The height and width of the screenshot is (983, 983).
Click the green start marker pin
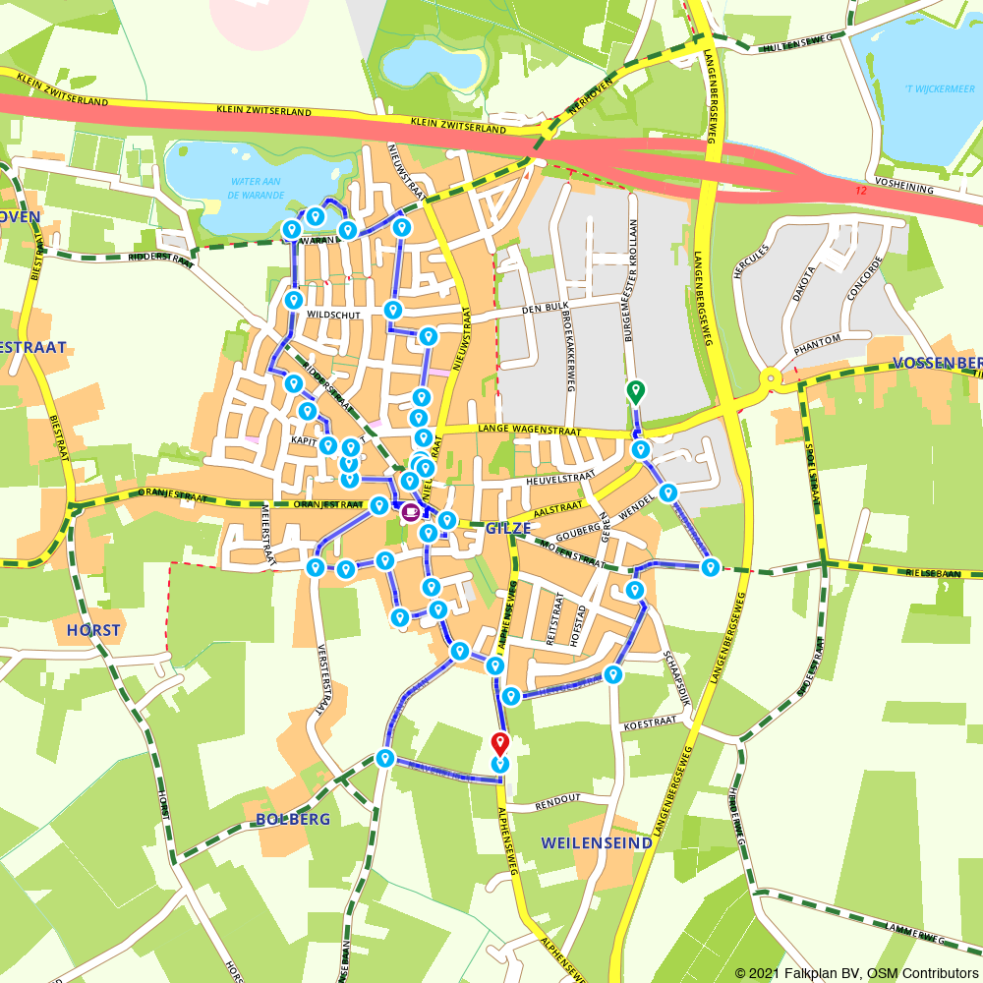point(635,391)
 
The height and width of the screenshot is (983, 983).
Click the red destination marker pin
point(499,744)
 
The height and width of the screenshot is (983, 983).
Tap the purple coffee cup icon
point(409,512)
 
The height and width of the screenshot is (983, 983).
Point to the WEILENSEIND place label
point(597,842)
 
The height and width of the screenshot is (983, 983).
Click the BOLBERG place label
point(293,818)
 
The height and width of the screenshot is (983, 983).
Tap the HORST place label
point(93,630)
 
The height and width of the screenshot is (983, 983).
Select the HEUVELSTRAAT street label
point(561,475)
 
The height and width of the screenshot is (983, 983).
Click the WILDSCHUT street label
point(334,316)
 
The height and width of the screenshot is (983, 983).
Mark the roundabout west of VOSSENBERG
point(771,377)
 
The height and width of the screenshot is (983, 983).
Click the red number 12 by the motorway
point(861,190)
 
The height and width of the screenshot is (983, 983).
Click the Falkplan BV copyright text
point(855,972)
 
